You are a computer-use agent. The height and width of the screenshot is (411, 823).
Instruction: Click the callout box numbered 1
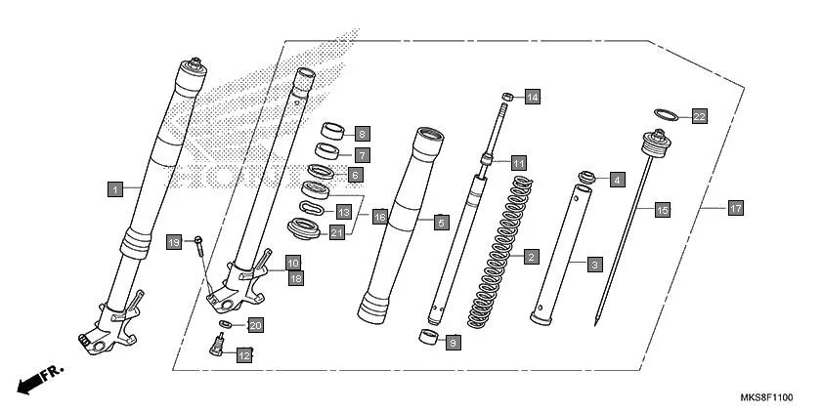tap(114, 188)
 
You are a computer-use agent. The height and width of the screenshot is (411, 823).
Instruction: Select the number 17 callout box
tap(735, 208)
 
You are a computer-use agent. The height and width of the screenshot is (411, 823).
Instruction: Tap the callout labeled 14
tap(532, 97)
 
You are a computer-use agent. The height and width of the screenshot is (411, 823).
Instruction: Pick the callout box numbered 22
tap(699, 116)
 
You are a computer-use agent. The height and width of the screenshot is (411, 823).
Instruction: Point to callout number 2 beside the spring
tap(531, 258)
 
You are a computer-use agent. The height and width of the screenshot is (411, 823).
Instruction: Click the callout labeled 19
tap(174, 241)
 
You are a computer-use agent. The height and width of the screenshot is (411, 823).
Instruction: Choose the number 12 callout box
tap(244, 355)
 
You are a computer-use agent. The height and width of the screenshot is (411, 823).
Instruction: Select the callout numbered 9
tap(452, 343)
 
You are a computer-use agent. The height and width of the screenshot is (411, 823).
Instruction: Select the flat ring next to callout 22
tap(663, 114)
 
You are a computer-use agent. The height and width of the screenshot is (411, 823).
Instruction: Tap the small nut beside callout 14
tap(507, 96)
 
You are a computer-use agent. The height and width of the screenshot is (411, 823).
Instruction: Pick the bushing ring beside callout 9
tap(425, 339)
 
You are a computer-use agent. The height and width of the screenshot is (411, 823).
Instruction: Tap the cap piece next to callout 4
tap(588, 177)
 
